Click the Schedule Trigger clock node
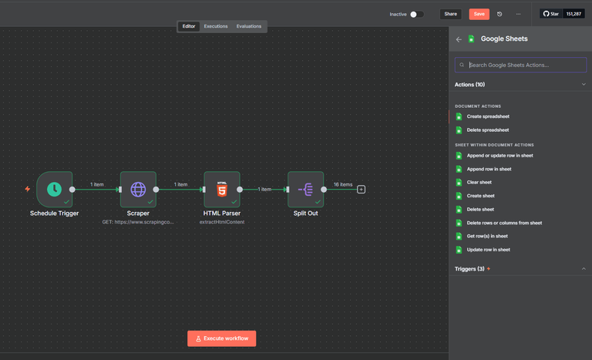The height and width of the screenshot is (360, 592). (55, 190)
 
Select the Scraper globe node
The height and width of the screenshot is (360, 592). (138, 190)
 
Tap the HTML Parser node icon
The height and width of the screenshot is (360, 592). (222, 190)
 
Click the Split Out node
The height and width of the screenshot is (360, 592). (306, 190)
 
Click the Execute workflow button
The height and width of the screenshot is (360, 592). (222, 338)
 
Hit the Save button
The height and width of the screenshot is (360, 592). (479, 14)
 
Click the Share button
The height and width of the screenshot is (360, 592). (450, 14)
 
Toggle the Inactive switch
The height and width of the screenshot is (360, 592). (416, 15)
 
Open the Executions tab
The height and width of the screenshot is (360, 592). (216, 26)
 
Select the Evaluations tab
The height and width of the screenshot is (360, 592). (249, 26)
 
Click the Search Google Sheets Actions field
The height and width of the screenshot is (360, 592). (520, 65)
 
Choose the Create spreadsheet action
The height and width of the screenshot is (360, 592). (488, 116)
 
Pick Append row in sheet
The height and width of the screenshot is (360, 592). (489, 169)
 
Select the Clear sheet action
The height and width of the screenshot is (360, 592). (479, 182)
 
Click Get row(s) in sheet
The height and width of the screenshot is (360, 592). (487, 236)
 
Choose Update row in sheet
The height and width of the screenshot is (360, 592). (488, 250)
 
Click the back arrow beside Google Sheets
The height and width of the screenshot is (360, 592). (459, 39)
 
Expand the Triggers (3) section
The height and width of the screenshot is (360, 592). (520, 268)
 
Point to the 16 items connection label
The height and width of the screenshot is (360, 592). (343, 184)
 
